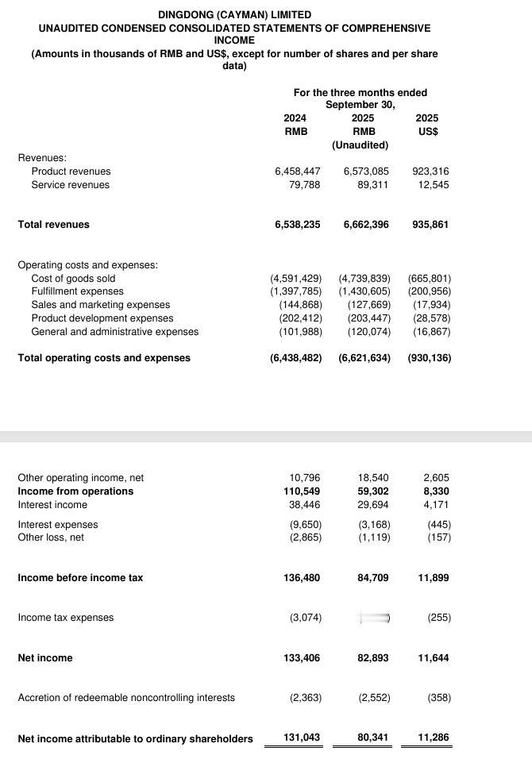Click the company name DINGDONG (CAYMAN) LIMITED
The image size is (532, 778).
234,14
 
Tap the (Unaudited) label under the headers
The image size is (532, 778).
360,145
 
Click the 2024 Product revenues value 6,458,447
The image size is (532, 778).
298,171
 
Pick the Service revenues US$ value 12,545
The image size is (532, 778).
432,185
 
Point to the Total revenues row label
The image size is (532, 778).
53,225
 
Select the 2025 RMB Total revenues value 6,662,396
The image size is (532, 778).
366,225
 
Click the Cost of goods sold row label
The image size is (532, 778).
73,279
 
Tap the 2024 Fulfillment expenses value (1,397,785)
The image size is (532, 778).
296,291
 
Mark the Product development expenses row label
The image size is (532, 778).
102,318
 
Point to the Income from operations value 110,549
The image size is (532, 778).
302,491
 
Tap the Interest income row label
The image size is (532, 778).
52,505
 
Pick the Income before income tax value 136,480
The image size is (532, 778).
302,578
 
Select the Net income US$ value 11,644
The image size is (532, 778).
433,658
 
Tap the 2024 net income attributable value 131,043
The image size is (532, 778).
302,738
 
